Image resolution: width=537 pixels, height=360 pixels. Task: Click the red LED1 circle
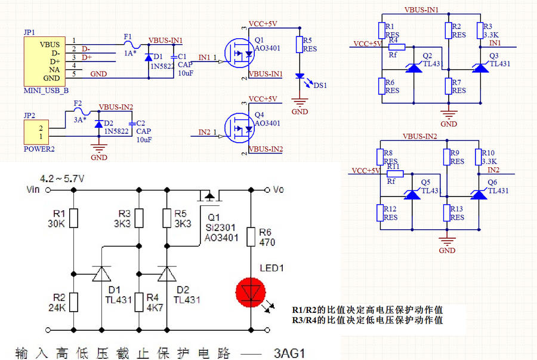[x=251, y=293]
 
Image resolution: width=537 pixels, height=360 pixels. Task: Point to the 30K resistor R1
[x=73, y=218]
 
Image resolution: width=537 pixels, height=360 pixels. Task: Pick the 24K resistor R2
[x=73, y=303]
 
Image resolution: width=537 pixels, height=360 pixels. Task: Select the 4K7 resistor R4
[x=138, y=302]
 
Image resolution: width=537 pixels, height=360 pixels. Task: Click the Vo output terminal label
[x=279, y=190]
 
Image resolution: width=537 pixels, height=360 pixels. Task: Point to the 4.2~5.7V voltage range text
[x=61, y=179]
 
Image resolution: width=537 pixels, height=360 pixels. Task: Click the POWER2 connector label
[x=39, y=149]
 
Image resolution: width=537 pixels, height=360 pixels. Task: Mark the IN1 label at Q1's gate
[x=204, y=57]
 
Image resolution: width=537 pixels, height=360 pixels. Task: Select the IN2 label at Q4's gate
[x=204, y=131]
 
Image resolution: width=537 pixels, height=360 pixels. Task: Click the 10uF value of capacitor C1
[x=184, y=73]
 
